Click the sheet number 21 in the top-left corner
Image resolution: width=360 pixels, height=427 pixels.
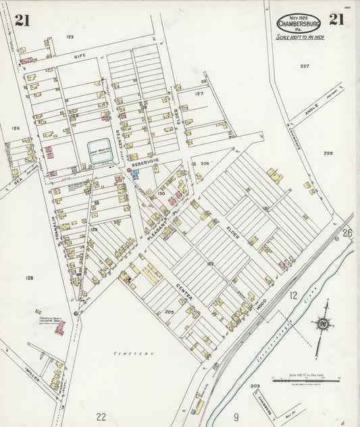click(22, 20)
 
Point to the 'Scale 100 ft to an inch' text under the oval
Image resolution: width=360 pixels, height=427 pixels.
click(301, 37)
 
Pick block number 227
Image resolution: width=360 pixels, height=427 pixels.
click(305, 66)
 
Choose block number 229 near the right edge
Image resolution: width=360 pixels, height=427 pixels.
click(328, 153)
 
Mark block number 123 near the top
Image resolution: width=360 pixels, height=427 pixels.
click(70, 36)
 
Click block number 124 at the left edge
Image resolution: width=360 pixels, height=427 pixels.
click(16, 128)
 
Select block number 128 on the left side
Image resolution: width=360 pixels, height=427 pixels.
click(29, 278)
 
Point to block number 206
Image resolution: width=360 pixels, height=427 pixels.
click(205, 164)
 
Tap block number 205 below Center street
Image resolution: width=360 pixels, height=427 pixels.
click(170, 312)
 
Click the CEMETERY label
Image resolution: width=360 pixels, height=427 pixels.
click(134, 353)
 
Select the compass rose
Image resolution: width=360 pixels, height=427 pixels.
click(324, 324)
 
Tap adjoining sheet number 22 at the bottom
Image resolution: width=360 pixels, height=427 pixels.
click(101, 416)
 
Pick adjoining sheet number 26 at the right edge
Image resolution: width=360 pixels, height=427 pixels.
click(347, 233)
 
